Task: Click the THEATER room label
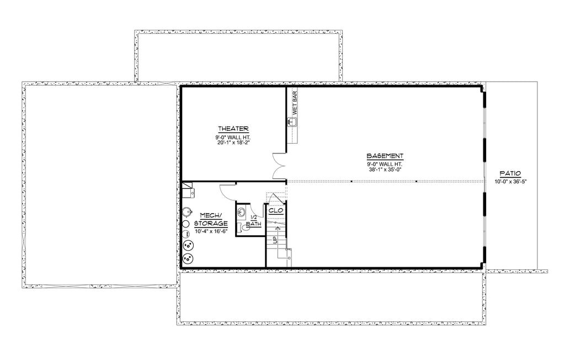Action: click(233, 129)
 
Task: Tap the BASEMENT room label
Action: click(385, 156)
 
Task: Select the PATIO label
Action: click(510, 173)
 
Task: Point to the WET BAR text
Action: click(295, 103)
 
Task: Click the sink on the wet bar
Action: click(292, 122)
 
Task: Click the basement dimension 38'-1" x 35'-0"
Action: click(385, 169)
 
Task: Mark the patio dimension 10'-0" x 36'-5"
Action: click(511, 182)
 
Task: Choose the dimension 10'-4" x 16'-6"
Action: click(211, 231)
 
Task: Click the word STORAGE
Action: click(211, 223)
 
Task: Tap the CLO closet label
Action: click(276, 211)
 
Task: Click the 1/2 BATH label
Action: click(254, 221)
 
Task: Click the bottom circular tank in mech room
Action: click(188, 258)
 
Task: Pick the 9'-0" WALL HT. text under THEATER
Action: click(233, 137)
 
